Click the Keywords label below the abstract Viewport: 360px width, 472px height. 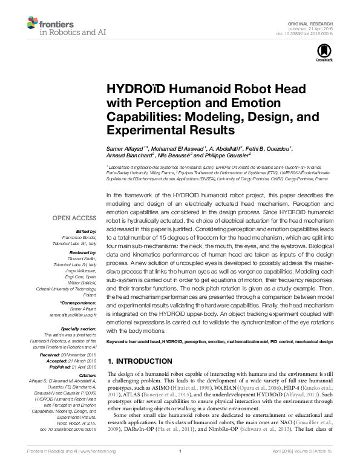click(119, 342)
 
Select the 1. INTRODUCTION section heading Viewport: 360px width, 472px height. click(140, 361)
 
